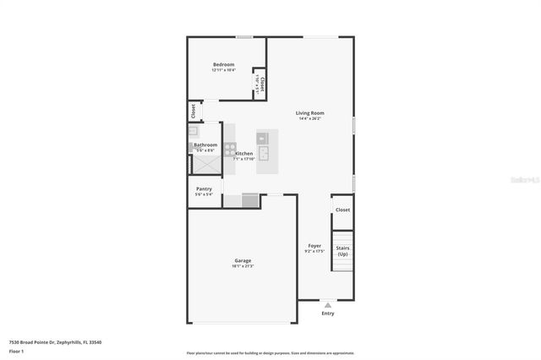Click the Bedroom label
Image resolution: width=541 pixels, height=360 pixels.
point(223,65)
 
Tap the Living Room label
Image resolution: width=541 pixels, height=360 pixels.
point(309,113)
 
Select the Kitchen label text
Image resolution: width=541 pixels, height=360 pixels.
point(243,153)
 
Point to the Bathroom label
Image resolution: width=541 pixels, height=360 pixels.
point(205,145)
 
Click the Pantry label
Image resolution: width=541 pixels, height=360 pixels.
point(204,188)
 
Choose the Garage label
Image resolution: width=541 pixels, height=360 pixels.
point(242,260)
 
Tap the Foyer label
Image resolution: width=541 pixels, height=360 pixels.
point(314,246)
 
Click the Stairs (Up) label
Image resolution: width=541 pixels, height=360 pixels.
point(342,251)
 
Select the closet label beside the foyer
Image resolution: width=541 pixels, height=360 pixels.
point(342,210)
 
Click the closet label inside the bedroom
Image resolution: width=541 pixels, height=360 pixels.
point(263,84)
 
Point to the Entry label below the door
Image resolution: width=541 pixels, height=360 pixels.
point(328,314)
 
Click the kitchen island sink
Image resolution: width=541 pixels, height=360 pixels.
point(264,153)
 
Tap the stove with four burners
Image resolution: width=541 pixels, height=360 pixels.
point(229,146)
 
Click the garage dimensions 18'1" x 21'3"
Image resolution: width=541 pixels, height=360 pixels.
point(242,266)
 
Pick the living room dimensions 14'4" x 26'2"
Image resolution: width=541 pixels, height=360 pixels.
point(309,119)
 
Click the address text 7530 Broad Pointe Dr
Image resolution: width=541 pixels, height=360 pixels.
point(42,342)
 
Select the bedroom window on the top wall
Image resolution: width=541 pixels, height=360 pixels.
point(243,36)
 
